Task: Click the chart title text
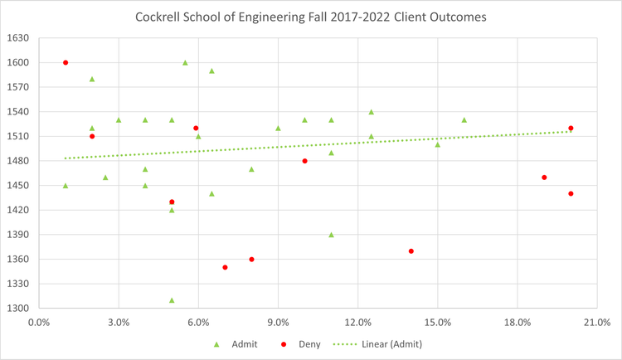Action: pos(311,17)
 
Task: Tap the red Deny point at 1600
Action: pos(66,62)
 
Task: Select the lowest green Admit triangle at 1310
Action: pos(172,300)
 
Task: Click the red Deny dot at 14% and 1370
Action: pos(411,251)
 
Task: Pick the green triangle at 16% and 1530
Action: pos(464,120)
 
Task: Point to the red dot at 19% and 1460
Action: pos(544,178)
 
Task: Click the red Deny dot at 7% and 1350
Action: pos(225,267)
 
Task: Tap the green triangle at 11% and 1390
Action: pos(331,235)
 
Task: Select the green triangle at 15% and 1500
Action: pos(438,144)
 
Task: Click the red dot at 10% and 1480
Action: pos(304,161)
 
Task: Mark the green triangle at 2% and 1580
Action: pos(92,79)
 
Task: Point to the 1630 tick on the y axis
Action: pos(18,38)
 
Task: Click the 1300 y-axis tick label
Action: pos(18,309)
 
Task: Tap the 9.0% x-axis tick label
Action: pos(278,322)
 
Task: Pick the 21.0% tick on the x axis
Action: pos(597,322)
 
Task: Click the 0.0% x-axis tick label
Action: pos(39,322)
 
